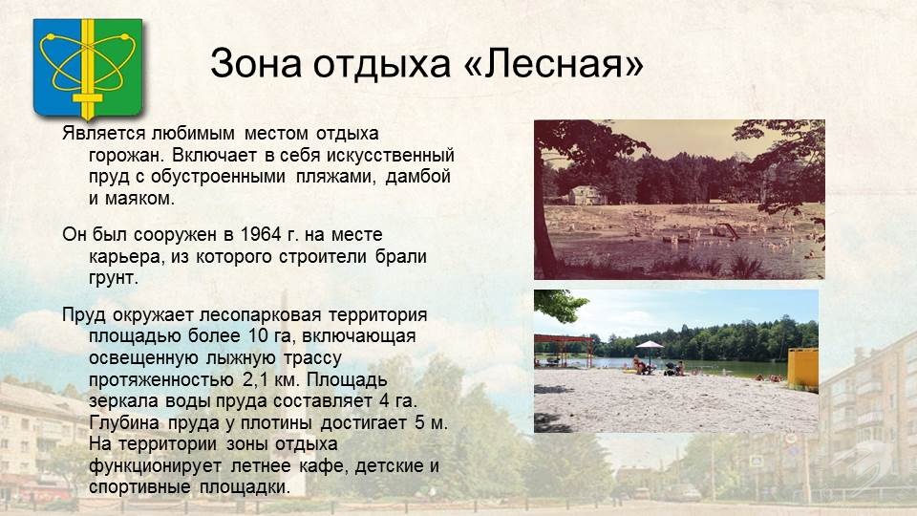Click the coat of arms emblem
(88, 69)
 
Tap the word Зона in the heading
(256, 63)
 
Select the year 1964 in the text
(261, 235)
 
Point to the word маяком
(139, 199)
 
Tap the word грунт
(114, 278)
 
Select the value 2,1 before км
(256, 379)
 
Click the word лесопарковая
(260, 315)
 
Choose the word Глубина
(124, 422)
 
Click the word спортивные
(139, 487)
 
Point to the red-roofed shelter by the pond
(564, 350)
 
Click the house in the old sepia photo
(586, 195)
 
